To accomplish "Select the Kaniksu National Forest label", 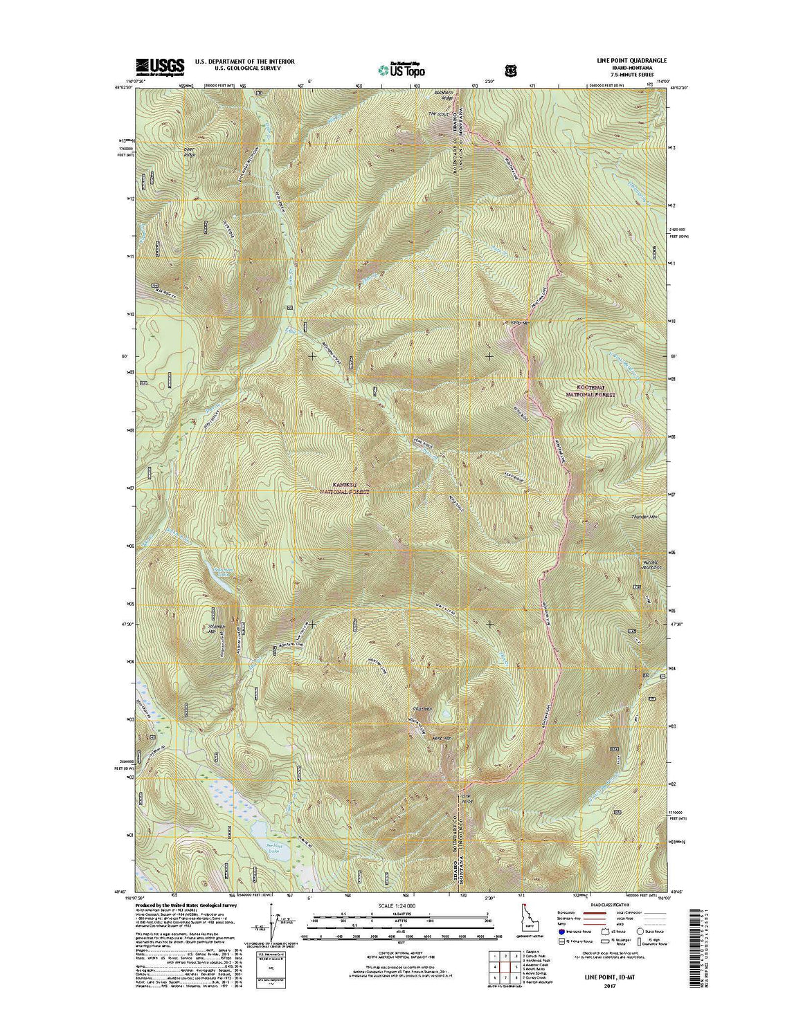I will (344, 488).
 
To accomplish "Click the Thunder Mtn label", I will (644, 517).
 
